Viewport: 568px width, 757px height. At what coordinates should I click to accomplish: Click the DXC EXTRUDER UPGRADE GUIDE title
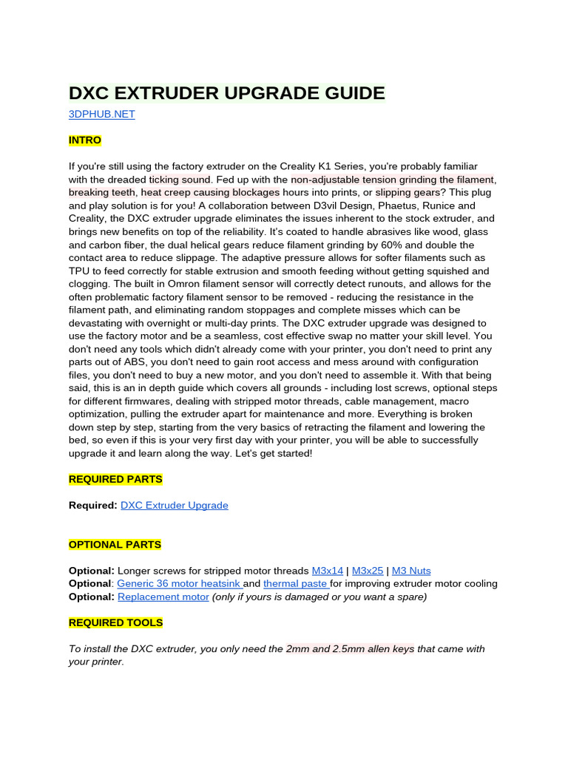(227, 94)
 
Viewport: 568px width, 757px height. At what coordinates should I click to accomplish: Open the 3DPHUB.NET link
(101, 115)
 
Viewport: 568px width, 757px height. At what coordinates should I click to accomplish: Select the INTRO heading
(85, 140)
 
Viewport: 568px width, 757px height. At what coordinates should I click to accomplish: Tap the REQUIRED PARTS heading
(115, 479)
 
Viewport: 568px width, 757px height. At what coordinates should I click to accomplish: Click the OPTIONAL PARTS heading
(115, 545)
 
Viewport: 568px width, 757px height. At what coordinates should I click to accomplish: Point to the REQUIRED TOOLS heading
(115, 622)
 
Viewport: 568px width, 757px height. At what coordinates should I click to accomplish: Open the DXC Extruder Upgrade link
(174, 506)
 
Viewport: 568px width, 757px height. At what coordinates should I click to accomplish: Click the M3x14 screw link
(328, 571)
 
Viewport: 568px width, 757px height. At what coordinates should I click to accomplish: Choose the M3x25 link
(368, 571)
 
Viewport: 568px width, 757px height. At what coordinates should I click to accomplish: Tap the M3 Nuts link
(411, 571)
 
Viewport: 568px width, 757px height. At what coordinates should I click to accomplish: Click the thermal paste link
(294, 584)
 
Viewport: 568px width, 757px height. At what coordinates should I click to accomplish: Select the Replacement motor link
(163, 597)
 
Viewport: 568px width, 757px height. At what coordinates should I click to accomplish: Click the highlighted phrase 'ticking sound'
(180, 180)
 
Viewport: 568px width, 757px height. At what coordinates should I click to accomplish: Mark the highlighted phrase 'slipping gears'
(408, 193)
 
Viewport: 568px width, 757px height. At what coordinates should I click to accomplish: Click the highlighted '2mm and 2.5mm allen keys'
(350, 649)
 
